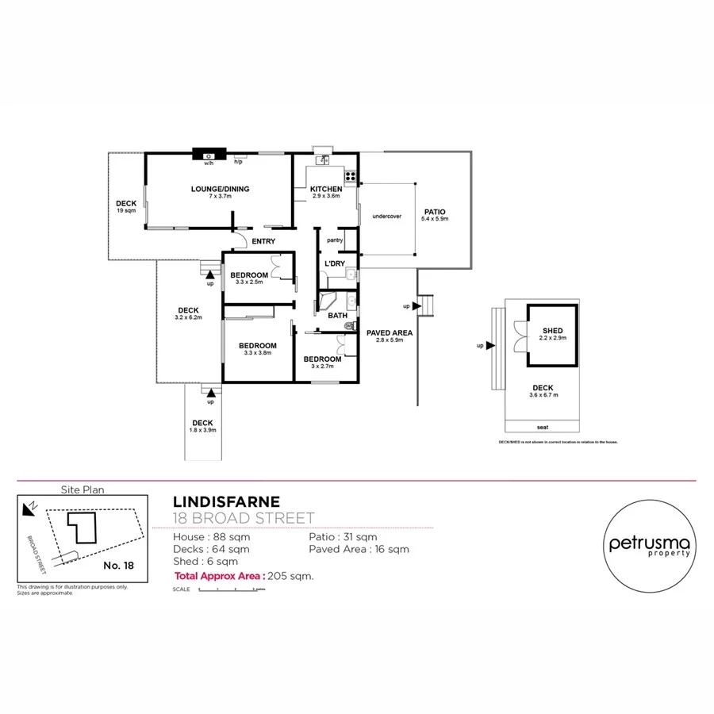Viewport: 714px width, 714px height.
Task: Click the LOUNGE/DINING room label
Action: [220, 189]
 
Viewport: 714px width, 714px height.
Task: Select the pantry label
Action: [334, 240]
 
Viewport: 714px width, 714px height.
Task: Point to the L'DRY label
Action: [333, 263]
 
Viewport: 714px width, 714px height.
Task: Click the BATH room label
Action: [337, 315]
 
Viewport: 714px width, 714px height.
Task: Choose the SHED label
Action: [552, 331]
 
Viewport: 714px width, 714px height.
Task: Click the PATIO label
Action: [435, 212]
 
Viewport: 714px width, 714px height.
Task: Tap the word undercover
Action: [386, 216]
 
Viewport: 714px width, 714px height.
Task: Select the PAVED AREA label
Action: [388, 332]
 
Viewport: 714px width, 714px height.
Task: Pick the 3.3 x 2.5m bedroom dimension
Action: [248, 282]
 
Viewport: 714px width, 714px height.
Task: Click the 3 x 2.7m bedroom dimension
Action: [322, 367]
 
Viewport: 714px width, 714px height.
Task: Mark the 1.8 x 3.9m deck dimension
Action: [202, 429]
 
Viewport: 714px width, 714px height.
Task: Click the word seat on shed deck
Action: [543, 426]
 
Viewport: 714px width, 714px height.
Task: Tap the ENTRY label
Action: [263, 241]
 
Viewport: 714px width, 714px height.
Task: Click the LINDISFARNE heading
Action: [226, 501]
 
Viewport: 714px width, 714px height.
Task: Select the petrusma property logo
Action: [650, 547]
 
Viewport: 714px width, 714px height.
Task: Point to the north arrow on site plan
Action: [30, 505]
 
